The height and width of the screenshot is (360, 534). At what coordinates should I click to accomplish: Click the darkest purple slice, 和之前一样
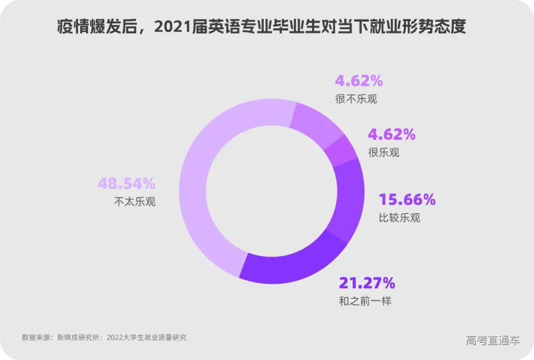[x=292, y=262]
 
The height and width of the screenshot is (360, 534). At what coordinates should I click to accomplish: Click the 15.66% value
[x=407, y=200]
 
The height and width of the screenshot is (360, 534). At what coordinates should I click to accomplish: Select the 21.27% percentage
[x=367, y=283]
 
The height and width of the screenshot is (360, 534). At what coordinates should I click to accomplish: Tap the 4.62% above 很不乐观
[x=359, y=81]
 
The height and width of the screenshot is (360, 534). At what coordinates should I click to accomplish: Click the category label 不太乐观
[x=134, y=202]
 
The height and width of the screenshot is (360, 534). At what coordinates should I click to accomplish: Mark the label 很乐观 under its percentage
[x=384, y=152]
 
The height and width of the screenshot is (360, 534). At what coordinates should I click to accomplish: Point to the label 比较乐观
[x=399, y=218]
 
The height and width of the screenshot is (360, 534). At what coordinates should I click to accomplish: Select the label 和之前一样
[x=365, y=301]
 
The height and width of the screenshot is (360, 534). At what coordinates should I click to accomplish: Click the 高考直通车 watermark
[x=493, y=340]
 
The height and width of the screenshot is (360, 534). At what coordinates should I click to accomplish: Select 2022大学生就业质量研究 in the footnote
[x=146, y=338]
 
